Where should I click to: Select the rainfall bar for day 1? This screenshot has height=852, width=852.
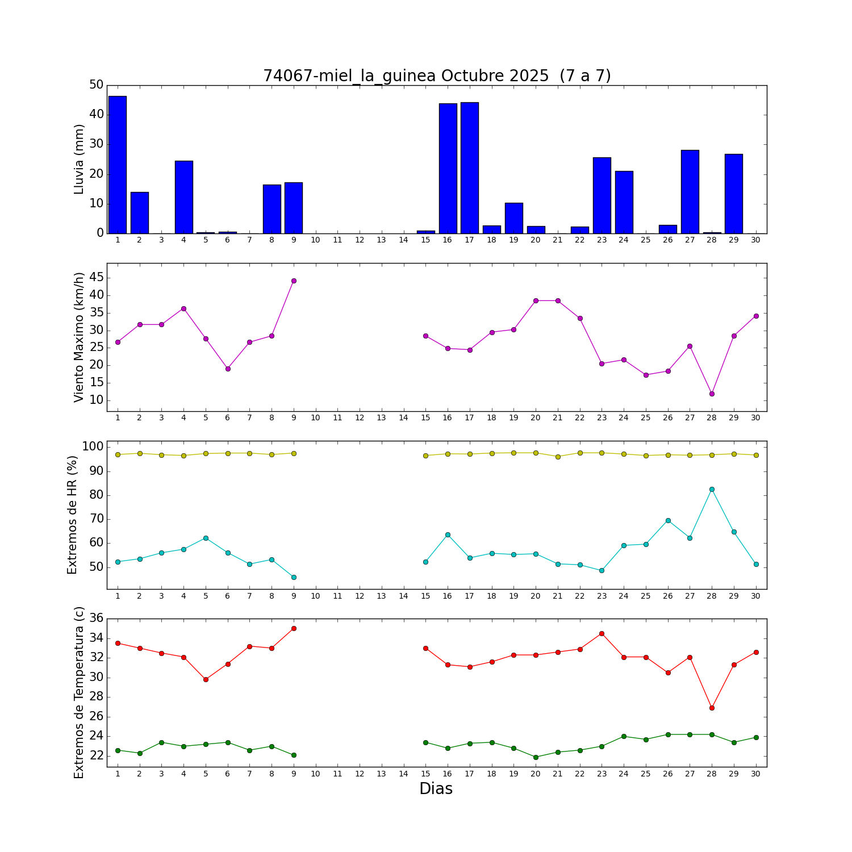coord(118,165)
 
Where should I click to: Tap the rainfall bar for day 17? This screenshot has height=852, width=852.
coord(470,168)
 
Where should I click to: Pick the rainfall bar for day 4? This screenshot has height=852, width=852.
coord(183,197)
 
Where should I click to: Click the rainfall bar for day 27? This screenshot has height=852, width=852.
coord(690,191)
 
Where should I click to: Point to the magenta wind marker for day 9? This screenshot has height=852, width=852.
coord(294,281)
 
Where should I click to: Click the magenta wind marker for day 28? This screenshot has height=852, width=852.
coord(712,394)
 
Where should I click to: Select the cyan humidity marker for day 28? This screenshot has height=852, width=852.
coord(712,489)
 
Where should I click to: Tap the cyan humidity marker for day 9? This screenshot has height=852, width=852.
coord(294,577)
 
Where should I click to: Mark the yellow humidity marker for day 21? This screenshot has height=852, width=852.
coord(558,457)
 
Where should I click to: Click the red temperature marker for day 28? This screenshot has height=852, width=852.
coord(712,708)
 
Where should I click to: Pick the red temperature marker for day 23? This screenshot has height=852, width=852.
coord(602,633)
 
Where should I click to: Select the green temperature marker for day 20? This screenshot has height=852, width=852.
coord(536,757)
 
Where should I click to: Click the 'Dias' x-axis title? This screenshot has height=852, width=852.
coord(436,789)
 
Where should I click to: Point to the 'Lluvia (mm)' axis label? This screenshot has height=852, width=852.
coord(79,159)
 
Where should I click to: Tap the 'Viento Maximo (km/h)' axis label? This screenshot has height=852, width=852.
coord(79,337)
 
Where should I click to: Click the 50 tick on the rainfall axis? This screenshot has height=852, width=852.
coord(97,85)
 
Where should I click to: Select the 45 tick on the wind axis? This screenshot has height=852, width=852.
coord(97,277)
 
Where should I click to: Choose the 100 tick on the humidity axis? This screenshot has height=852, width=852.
coord(93,447)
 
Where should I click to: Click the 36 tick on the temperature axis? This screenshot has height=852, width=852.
coord(97,619)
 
